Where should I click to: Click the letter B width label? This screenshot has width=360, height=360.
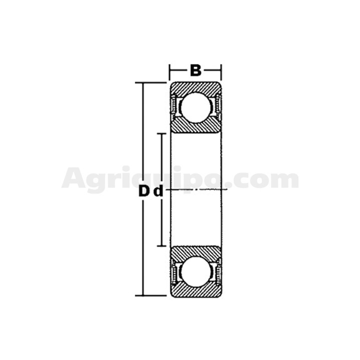click(x=195, y=70)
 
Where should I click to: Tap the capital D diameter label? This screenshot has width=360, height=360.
click(x=143, y=191)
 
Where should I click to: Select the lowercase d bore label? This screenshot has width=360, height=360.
click(x=158, y=191)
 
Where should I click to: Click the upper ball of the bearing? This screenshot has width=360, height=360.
click(x=195, y=107)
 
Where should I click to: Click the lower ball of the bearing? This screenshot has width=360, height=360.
click(x=195, y=271)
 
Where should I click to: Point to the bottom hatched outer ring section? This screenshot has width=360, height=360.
click(x=195, y=291)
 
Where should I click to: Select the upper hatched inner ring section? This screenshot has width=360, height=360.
click(x=195, y=126)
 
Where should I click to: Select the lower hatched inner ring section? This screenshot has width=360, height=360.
click(x=195, y=252)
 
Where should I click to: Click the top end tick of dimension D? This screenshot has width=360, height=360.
click(x=150, y=82)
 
